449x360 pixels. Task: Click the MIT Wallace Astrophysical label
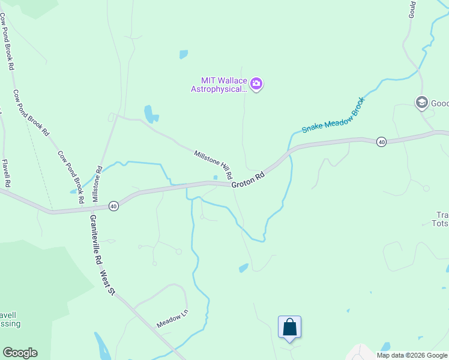[x=219, y=85]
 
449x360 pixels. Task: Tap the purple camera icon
[x=256, y=84]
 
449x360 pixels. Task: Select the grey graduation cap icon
[x=421, y=103]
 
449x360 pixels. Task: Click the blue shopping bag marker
[x=289, y=328]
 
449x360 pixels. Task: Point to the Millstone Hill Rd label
[x=212, y=163]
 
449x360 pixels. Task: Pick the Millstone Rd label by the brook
[x=97, y=184]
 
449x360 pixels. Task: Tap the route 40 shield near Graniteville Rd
[x=113, y=206]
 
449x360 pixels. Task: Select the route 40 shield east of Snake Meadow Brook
[x=381, y=142]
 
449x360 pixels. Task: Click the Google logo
[x=20, y=353]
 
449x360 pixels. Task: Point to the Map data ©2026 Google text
[x=412, y=355]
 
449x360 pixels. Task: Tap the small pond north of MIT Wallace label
[x=183, y=55]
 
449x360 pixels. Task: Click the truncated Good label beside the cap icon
[x=439, y=103]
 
